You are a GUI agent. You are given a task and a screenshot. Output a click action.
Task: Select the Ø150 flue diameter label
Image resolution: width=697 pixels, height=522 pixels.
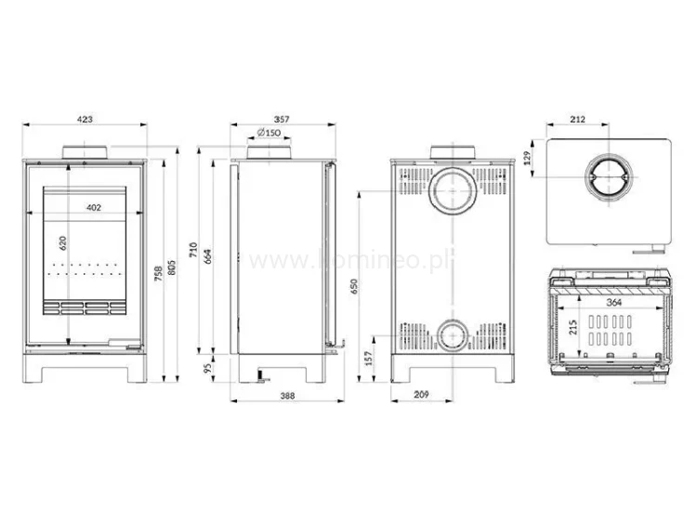(x=270, y=134)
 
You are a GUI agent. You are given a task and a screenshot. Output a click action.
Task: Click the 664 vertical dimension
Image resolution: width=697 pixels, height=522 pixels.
(x=209, y=255)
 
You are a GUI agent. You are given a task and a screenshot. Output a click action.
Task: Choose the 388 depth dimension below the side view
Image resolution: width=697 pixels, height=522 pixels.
(x=286, y=397)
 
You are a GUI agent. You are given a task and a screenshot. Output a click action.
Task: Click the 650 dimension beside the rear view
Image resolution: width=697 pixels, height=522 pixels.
(x=354, y=288)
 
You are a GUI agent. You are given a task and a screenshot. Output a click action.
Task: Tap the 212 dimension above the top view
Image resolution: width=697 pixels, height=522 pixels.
(x=577, y=120)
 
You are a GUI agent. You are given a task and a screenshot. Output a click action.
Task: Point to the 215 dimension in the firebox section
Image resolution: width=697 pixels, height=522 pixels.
(x=574, y=328)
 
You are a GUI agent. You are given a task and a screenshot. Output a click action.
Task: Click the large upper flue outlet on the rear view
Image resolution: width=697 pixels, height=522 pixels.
(x=454, y=191)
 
